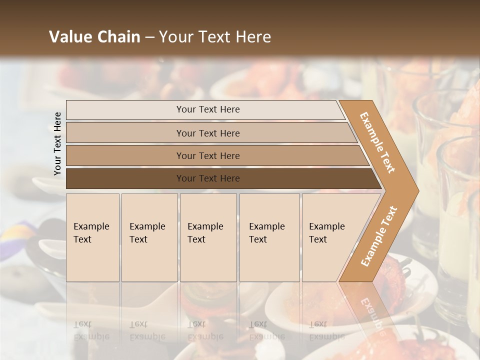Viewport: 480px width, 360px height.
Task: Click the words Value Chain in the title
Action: click(x=94, y=37)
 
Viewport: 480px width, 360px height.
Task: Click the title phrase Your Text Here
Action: click(x=215, y=37)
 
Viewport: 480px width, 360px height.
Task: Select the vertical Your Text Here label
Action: click(x=57, y=143)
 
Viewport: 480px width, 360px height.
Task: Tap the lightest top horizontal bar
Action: click(x=125, y=110)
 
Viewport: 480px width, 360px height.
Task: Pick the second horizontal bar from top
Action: click(x=125, y=133)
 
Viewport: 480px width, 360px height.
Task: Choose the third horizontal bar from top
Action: click(x=125, y=155)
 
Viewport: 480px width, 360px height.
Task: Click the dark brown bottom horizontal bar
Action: click(x=125, y=178)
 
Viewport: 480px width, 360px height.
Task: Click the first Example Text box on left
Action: click(x=92, y=237)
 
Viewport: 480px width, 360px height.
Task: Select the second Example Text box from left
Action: click(x=149, y=237)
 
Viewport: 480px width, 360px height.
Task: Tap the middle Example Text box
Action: click(x=208, y=237)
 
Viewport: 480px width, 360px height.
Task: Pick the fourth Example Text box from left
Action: click(x=269, y=237)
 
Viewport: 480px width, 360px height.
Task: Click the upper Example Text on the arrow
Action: click(x=377, y=142)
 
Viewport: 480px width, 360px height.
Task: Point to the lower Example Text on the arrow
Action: click(x=379, y=236)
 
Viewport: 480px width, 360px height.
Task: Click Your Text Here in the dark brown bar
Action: click(x=208, y=178)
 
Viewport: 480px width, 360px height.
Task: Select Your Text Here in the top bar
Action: click(x=208, y=109)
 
